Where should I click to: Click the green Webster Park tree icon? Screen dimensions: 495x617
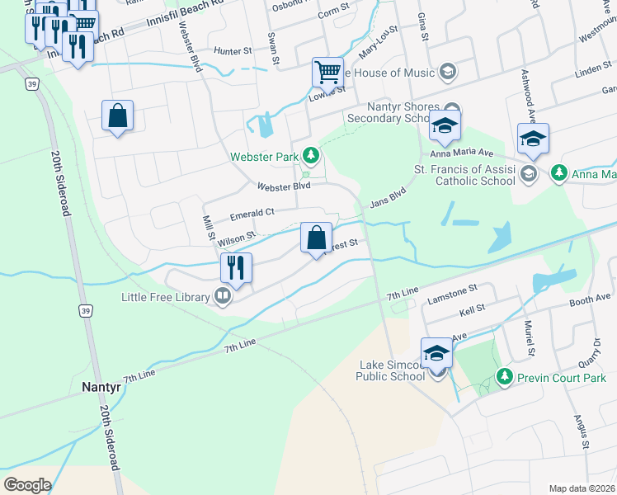pos(311,154)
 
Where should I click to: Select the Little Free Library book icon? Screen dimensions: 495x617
pos(223,295)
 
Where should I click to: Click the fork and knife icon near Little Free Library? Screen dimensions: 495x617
pos(235,267)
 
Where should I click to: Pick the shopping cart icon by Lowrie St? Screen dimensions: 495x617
pos(327,72)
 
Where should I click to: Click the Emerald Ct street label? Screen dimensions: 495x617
pos(252,212)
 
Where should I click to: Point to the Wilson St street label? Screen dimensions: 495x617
pos(238,238)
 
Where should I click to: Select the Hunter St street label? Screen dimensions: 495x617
pos(233,51)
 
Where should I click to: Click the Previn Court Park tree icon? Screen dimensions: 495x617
pos(504,376)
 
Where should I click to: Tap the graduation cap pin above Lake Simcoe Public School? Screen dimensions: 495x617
pos(436,352)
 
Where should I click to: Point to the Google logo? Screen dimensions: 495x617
pos(27,484)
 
